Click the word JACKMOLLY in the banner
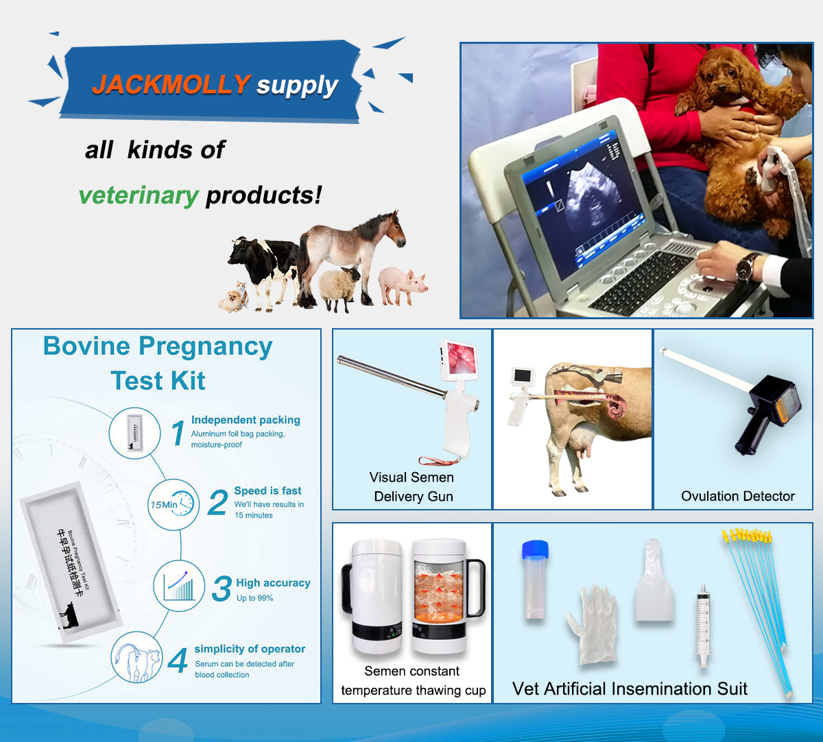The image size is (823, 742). [x=171, y=84]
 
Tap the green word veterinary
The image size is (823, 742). [x=139, y=195]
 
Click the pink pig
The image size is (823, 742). [x=402, y=284]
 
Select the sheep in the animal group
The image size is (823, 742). [x=339, y=286]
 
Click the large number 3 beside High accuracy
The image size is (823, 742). [x=222, y=589]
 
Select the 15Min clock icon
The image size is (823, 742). [x=173, y=504]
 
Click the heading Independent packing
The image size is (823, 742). [x=246, y=420]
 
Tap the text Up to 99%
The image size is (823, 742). [x=254, y=598]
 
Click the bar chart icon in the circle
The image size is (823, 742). [x=179, y=586]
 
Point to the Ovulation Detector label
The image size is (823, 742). [x=738, y=496]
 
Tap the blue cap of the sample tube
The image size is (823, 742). [x=535, y=549]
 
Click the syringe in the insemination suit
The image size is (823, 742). [x=703, y=625]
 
